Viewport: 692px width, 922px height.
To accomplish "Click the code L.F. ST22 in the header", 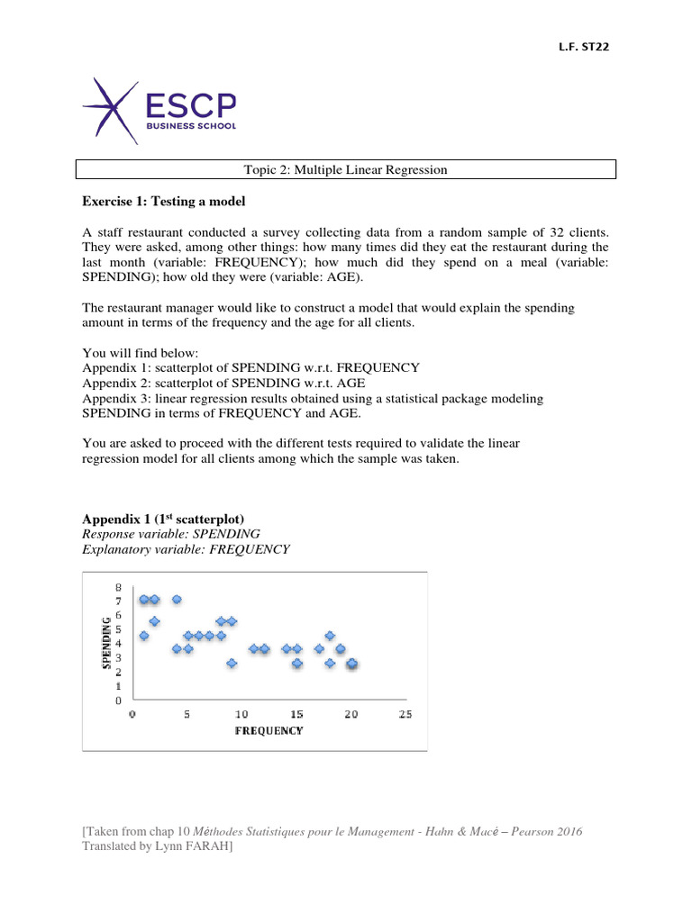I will tap(584, 48).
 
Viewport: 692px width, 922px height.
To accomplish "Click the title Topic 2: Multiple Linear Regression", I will tap(346, 169).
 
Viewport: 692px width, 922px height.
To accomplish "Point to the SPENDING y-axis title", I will tap(108, 642).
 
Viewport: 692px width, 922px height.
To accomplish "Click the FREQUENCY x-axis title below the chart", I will tap(269, 730).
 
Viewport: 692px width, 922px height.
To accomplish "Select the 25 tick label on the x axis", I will tap(405, 714).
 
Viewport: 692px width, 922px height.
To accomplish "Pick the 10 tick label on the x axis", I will tap(241, 714).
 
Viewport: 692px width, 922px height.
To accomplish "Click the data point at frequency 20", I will tap(352, 664).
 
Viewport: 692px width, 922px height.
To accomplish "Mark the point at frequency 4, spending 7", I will tap(177, 600).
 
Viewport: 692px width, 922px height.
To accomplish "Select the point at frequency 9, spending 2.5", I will tap(232, 664).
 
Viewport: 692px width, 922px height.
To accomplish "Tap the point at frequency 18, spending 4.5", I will tap(330, 636).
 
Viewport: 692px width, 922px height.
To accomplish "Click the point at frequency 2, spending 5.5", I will tap(155, 621).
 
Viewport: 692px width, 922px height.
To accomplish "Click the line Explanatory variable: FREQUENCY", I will tap(186, 548).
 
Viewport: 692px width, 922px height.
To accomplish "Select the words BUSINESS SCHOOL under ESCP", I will tap(190, 127).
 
